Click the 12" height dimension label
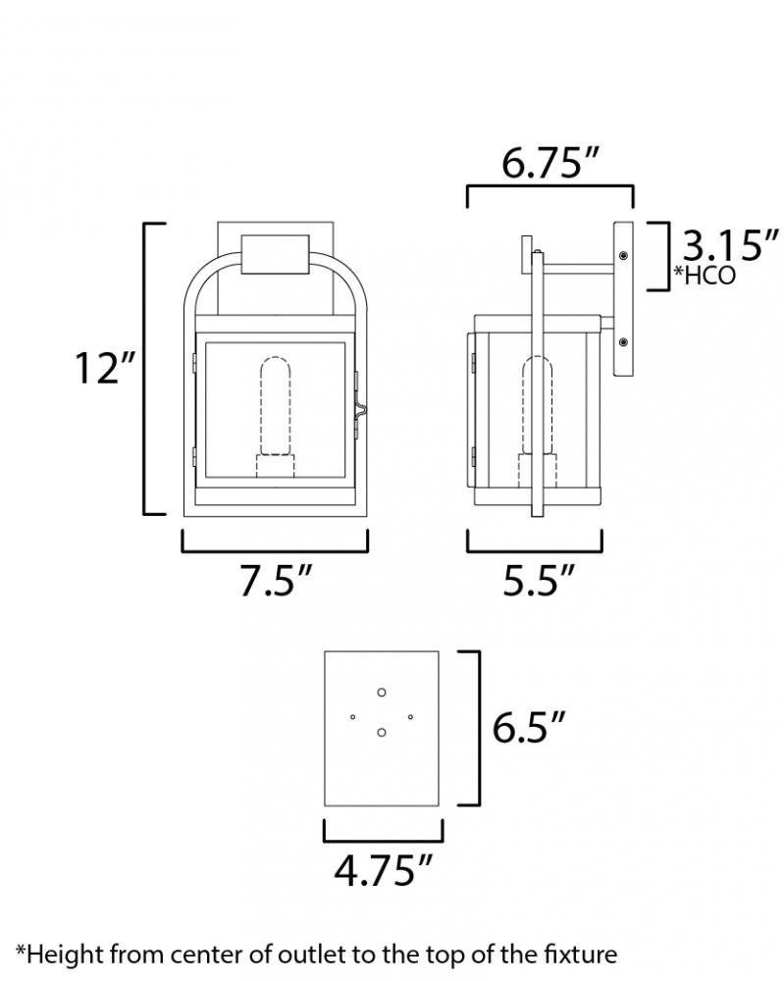click(104, 368)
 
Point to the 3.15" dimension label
click(730, 245)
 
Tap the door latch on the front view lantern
click(361, 407)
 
